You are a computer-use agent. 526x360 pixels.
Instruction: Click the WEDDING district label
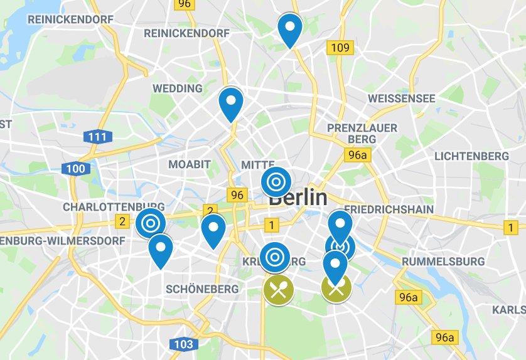(x=178, y=88)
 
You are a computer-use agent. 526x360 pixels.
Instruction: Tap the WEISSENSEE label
(x=402, y=99)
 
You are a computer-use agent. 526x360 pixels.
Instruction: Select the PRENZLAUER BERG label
(x=363, y=133)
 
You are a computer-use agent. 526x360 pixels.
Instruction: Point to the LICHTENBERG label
(x=471, y=156)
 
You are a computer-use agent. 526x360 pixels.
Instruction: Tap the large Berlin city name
(x=298, y=198)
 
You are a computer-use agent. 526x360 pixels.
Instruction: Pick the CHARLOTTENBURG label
(x=114, y=206)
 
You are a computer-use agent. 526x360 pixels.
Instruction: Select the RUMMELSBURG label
(x=444, y=261)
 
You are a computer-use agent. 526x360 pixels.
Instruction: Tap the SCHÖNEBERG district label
(x=203, y=289)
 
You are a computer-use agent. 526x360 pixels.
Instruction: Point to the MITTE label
(x=258, y=164)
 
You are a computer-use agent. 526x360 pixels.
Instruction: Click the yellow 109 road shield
(x=340, y=47)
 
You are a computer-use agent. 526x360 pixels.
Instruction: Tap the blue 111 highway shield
(x=97, y=136)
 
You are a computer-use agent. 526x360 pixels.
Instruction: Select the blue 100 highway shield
(x=75, y=168)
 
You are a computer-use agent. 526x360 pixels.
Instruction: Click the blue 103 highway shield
(x=183, y=344)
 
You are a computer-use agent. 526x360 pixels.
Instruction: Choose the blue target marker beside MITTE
(x=276, y=182)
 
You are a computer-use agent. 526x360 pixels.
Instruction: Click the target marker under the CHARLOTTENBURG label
(x=151, y=223)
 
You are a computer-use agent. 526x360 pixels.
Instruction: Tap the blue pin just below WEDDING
(x=231, y=103)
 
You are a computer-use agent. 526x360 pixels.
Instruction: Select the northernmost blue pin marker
(x=290, y=29)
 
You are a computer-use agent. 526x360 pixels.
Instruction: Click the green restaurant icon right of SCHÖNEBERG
(x=279, y=290)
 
